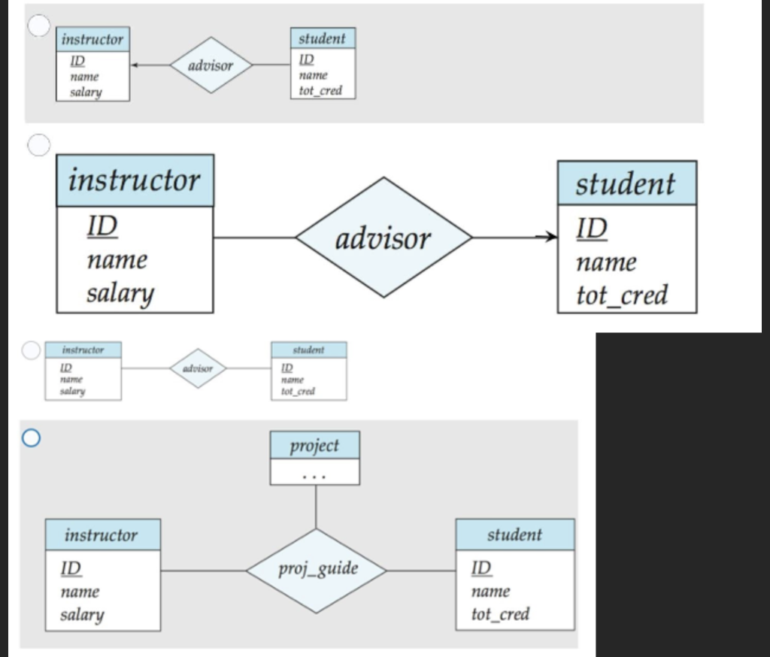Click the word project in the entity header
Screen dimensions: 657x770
[314, 446]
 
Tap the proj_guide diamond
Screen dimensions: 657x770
[317, 570]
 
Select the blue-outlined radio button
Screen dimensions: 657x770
[32, 439]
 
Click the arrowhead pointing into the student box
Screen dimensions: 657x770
[553, 238]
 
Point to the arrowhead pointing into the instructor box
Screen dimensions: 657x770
[135, 66]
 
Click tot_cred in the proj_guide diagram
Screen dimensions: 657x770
[500, 613]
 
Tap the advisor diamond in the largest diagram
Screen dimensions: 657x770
[383, 238]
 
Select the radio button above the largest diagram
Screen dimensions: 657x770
[38, 144]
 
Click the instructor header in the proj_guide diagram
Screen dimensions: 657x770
[102, 535]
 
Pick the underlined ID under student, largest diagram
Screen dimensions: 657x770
[592, 227]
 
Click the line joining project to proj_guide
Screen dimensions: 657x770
[315, 507]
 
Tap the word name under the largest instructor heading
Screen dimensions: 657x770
[117, 260]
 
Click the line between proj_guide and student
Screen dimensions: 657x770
[421, 571]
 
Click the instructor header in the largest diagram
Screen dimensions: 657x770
[135, 181]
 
